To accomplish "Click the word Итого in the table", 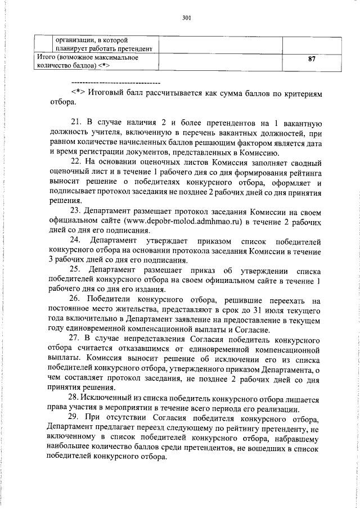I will [x=46, y=57].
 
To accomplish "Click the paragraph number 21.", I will [x=76, y=123].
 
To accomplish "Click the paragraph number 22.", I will [x=76, y=161].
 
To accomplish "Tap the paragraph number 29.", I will [x=76, y=417].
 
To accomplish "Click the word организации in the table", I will [x=74, y=40].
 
